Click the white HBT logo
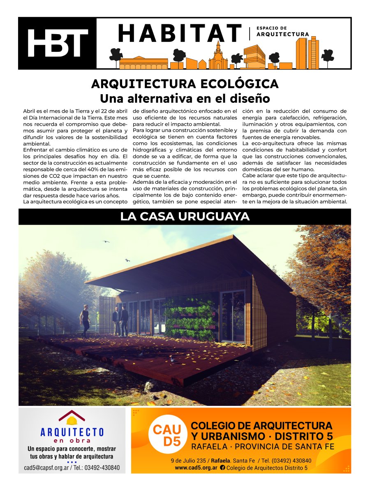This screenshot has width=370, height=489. (x=58, y=43)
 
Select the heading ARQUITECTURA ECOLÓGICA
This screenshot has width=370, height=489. (x=185, y=84)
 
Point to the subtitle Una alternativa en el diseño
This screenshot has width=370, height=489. (x=185, y=99)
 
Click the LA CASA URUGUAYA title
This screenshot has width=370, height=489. (x=185, y=216)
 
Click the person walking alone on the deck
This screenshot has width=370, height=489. (x=85, y=321)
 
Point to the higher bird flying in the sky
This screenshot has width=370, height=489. (x=106, y=242)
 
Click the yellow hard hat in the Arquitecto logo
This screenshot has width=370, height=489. (x=72, y=421)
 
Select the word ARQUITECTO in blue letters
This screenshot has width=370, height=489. (x=72, y=432)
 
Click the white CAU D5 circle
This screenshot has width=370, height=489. (x=167, y=436)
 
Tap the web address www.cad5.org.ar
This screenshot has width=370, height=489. (x=196, y=468)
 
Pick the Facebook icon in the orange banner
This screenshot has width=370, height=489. (x=222, y=468)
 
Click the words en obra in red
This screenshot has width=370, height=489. (x=72, y=440)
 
